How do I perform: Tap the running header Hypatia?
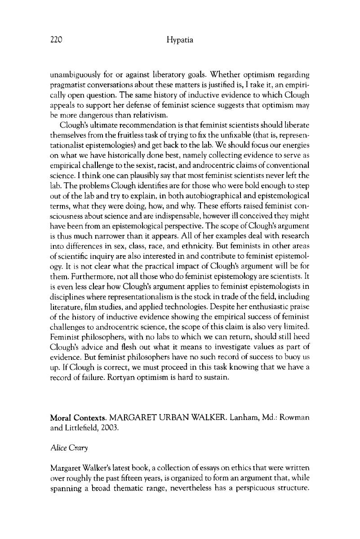click(179, 40)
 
